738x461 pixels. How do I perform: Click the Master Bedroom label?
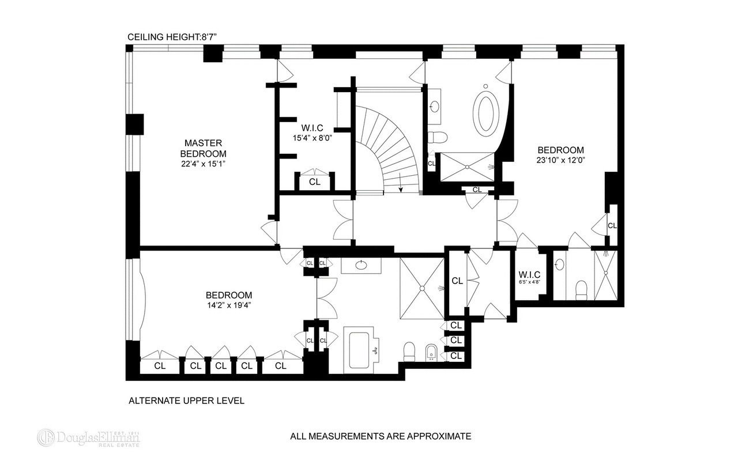pos(204,148)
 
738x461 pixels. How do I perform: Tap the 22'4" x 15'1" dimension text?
pos(204,164)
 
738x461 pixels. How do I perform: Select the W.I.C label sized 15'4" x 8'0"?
pos(312,128)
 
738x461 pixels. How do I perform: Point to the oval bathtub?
pos(485,114)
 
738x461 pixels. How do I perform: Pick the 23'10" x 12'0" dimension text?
pos(561,161)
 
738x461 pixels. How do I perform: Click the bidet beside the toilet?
pos(431,353)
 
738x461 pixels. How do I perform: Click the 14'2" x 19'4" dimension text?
pos(229,305)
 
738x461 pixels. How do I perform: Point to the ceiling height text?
pos(172,37)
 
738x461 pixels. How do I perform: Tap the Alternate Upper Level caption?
pos(186,400)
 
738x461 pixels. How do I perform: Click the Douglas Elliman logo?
pos(88,437)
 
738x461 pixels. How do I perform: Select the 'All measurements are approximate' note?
pos(381,436)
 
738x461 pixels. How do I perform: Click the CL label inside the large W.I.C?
pos(315,182)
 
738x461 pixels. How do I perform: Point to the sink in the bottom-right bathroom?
pos(559,264)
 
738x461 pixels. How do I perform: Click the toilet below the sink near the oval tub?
pos(437,137)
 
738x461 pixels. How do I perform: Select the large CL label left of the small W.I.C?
pos(457,281)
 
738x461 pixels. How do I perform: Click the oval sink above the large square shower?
pos(362,264)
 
